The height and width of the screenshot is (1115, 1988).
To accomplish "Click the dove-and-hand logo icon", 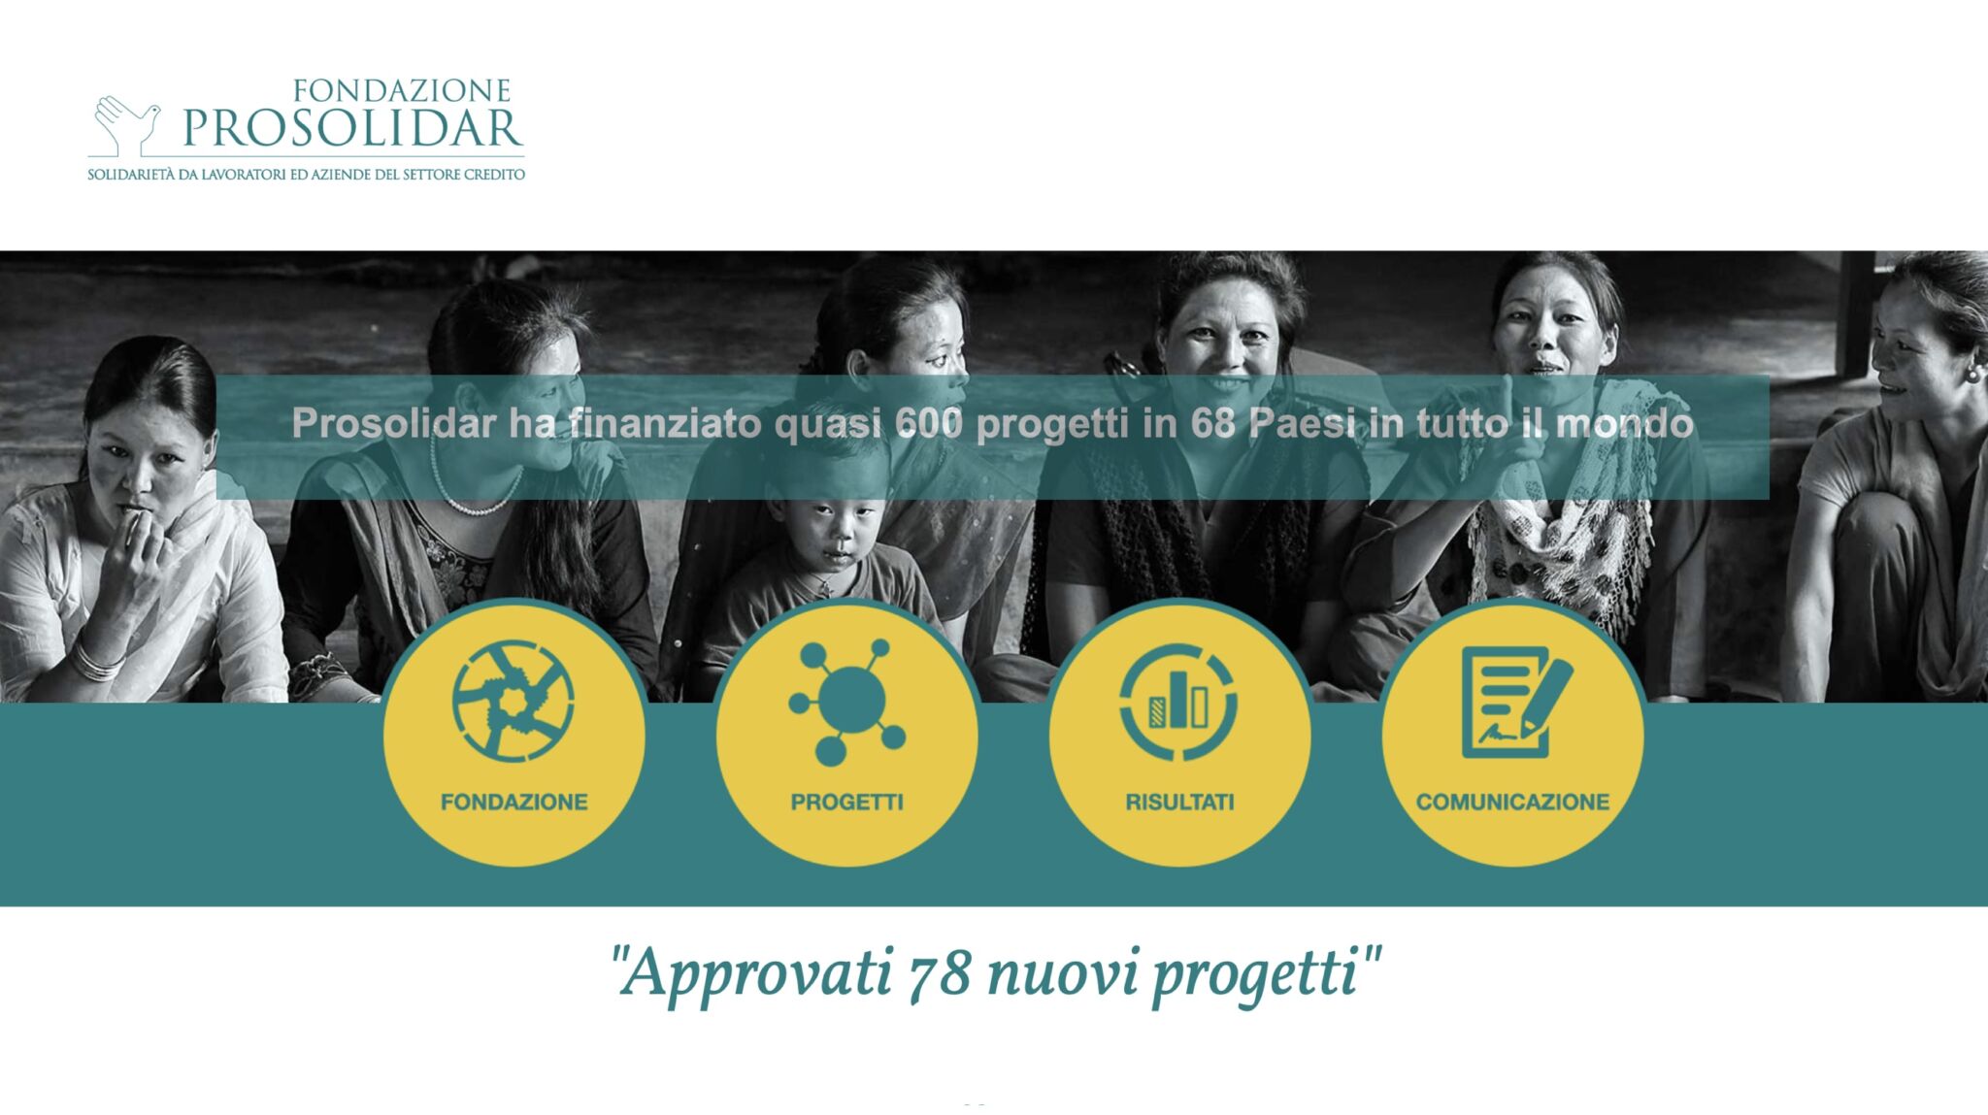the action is pos(126,125).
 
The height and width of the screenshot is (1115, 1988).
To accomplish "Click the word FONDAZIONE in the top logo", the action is pos(402,91).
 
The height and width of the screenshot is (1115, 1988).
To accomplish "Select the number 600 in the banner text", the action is pos(929,424).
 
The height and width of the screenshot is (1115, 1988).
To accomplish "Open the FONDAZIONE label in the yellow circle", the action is pos(514,802).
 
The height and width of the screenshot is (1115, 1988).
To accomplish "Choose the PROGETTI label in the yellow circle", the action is pos(847,802).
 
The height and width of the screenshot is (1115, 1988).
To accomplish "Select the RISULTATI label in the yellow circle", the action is pos(1180,802).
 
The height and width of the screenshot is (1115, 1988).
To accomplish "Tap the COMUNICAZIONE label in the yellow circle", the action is pos(1512,802).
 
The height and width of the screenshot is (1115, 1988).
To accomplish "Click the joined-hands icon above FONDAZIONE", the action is pos(514,701).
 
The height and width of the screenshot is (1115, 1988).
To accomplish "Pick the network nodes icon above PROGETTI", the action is pos(847,701).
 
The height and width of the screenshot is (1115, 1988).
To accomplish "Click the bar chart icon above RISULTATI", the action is pos(1178,701).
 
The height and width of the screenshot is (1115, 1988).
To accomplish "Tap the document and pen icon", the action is pos(1514,701).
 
